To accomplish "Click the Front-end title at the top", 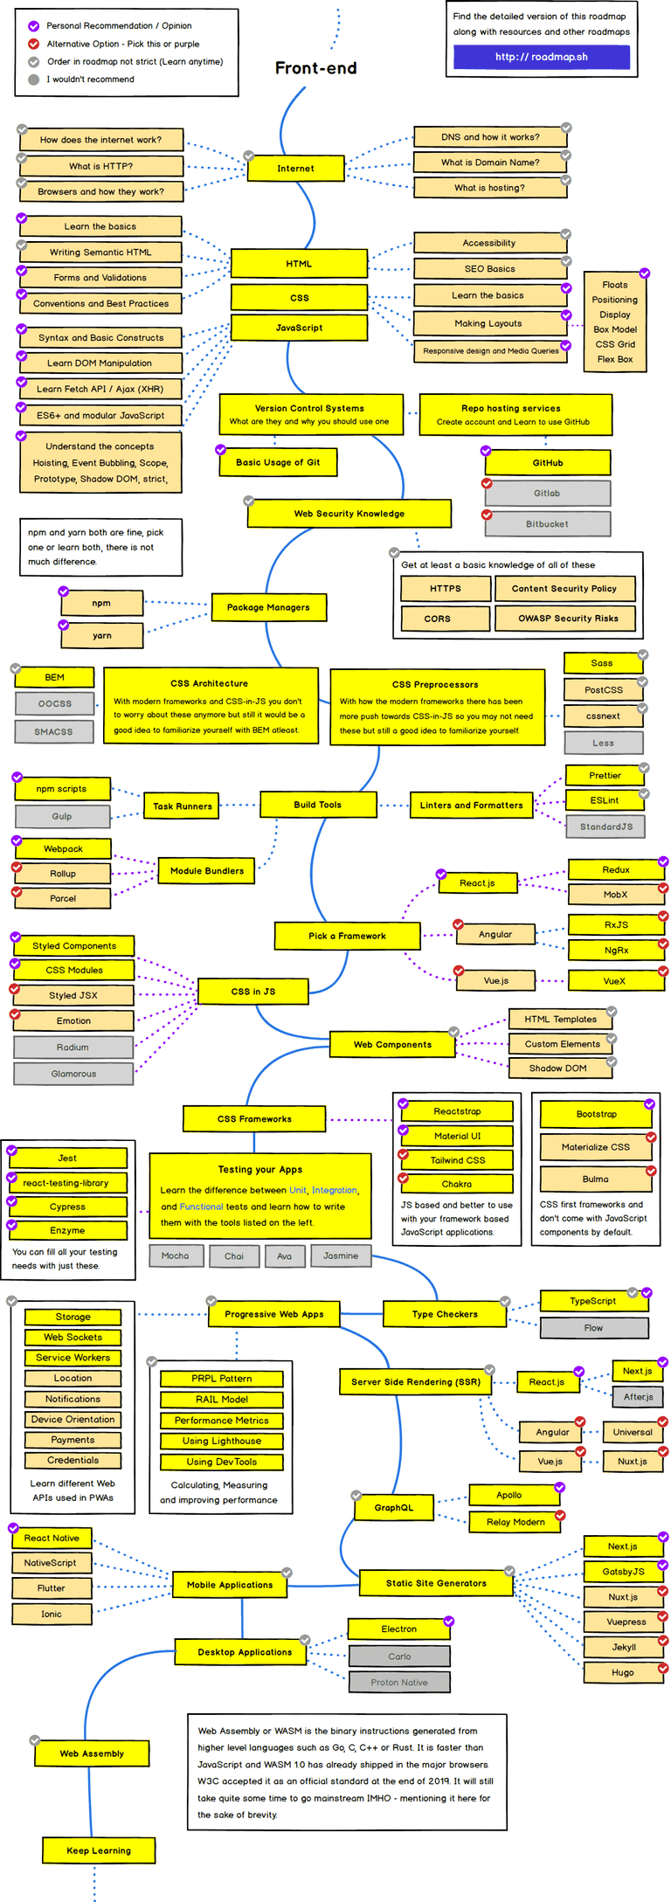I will (x=315, y=68).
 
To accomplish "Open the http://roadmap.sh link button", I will (x=541, y=57).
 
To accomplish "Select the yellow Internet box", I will (x=295, y=169).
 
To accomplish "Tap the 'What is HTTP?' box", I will (x=100, y=166).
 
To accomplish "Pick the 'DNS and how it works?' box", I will (x=490, y=137).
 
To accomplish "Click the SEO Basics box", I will (x=489, y=269).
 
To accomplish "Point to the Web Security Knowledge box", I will (x=349, y=514).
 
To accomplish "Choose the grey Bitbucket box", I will (x=547, y=524).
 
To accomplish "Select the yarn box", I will (x=101, y=636).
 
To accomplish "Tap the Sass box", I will (x=602, y=663).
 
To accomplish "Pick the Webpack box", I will (x=63, y=849).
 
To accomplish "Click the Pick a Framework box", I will (x=347, y=936).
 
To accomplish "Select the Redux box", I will (x=615, y=870).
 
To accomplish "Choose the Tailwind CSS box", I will (x=457, y=1160).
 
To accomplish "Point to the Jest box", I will (x=67, y=1158).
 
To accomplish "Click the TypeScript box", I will (x=592, y=1301).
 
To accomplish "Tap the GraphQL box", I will (x=393, y=1508).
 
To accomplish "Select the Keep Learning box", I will (x=99, y=1850).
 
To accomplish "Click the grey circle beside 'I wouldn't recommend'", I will (x=34, y=80).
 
